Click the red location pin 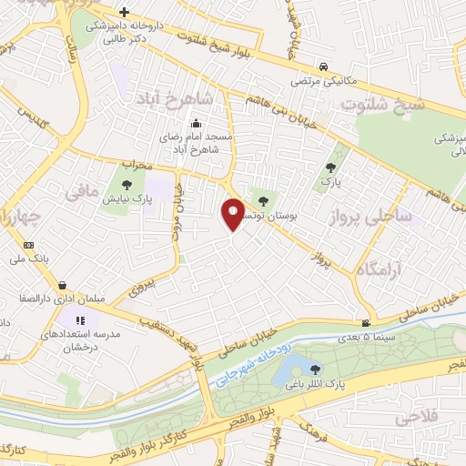tap(234, 215)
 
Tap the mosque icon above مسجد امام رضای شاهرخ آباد tap(195, 125)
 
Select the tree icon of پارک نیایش tap(126, 185)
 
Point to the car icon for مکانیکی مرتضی tap(325, 66)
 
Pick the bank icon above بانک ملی tap(28, 246)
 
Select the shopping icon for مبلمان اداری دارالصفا tap(61, 284)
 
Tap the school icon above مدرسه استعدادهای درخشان tap(80, 320)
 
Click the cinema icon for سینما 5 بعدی tap(366, 324)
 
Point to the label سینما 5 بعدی tap(367, 339)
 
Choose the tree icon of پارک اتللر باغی tap(315, 370)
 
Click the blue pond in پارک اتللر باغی tap(292, 370)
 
